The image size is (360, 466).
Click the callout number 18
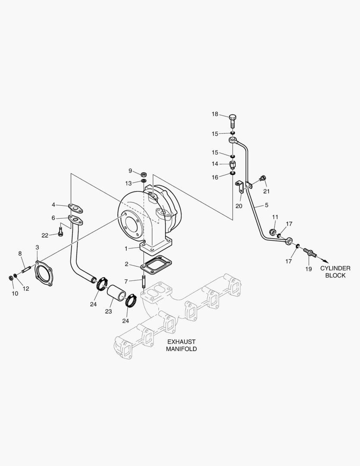pos(215,114)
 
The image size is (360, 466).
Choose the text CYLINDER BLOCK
pos(335,272)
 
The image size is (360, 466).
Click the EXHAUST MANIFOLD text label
pos(182,345)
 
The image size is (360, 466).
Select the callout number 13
pos(129,183)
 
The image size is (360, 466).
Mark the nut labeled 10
pos(11,277)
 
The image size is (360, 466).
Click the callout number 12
pos(26,288)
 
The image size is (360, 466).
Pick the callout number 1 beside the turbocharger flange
pos(126,249)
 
